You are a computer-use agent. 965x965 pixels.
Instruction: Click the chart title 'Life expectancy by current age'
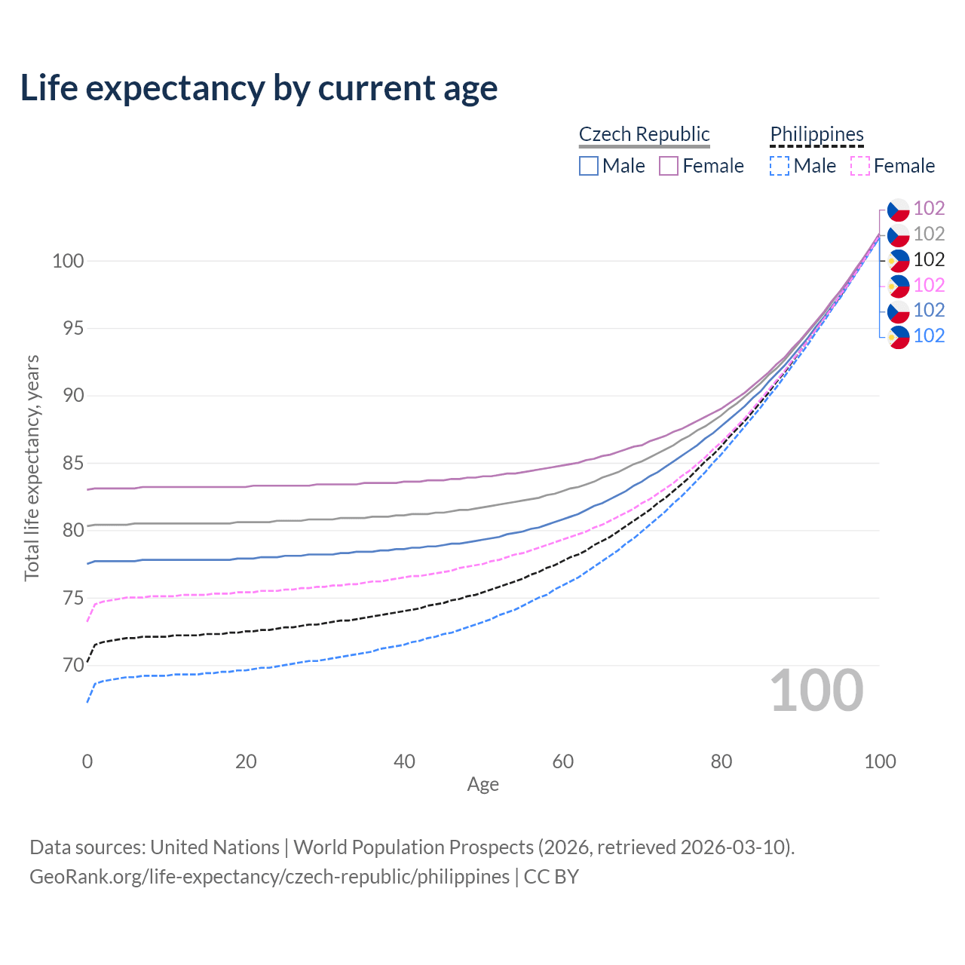(x=259, y=88)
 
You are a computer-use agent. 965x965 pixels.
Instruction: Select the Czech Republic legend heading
(x=644, y=134)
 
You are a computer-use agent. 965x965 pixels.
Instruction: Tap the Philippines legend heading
(x=816, y=134)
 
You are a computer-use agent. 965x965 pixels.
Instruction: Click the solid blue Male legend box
(x=589, y=166)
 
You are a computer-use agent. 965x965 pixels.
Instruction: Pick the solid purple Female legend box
(x=669, y=166)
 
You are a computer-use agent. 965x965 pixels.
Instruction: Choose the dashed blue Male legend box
(x=780, y=166)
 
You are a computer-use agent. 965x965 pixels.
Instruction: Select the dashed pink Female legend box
(x=860, y=166)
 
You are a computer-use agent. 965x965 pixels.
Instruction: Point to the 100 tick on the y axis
(x=67, y=262)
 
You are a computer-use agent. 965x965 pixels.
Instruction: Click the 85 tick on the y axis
(x=72, y=464)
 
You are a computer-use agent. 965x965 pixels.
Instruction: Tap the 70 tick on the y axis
(x=72, y=666)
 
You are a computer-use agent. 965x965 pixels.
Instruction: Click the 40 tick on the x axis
(x=404, y=761)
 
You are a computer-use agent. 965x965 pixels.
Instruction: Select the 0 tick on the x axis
(x=87, y=761)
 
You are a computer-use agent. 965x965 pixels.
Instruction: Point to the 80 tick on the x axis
(x=721, y=761)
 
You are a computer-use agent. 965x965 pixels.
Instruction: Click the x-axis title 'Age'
(x=482, y=785)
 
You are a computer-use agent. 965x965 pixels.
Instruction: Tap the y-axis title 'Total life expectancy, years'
(x=32, y=467)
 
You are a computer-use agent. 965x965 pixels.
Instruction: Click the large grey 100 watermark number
(x=816, y=691)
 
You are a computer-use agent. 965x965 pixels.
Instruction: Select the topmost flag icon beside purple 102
(x=898, y=209)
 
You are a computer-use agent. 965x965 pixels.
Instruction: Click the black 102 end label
(x=929, y=260)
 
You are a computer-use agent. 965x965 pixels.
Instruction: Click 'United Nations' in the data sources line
(x=215, y=847)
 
